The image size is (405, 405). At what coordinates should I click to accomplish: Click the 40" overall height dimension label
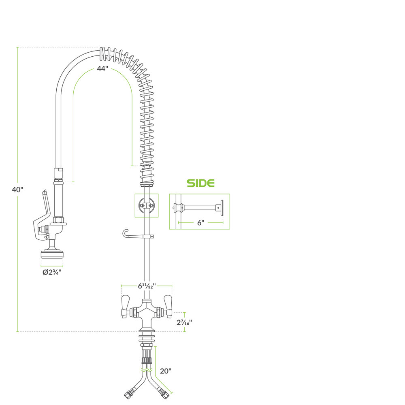17,189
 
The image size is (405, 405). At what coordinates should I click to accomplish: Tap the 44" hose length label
102,69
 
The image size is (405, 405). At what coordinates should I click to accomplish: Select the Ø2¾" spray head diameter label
52,272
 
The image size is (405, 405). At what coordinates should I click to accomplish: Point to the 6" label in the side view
201,223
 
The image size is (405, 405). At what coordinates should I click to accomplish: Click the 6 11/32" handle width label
147,286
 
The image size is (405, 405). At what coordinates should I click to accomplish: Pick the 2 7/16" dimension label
184,322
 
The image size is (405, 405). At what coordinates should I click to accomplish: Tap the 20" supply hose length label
166,371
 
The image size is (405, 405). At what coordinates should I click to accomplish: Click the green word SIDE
201,183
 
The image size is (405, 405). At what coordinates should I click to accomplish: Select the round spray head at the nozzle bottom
52,254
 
